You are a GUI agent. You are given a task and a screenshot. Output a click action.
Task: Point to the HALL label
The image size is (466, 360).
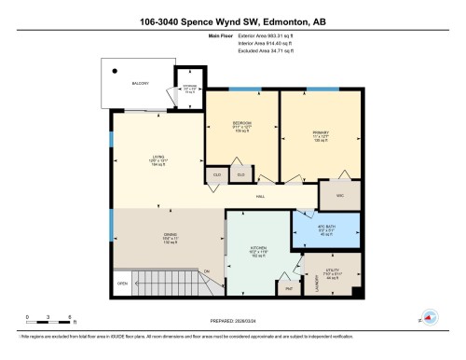click(261, 198)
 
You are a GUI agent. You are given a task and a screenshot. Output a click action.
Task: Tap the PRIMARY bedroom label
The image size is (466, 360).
click(319, 133)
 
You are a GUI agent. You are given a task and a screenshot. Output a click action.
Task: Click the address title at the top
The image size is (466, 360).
click(232, 21)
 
